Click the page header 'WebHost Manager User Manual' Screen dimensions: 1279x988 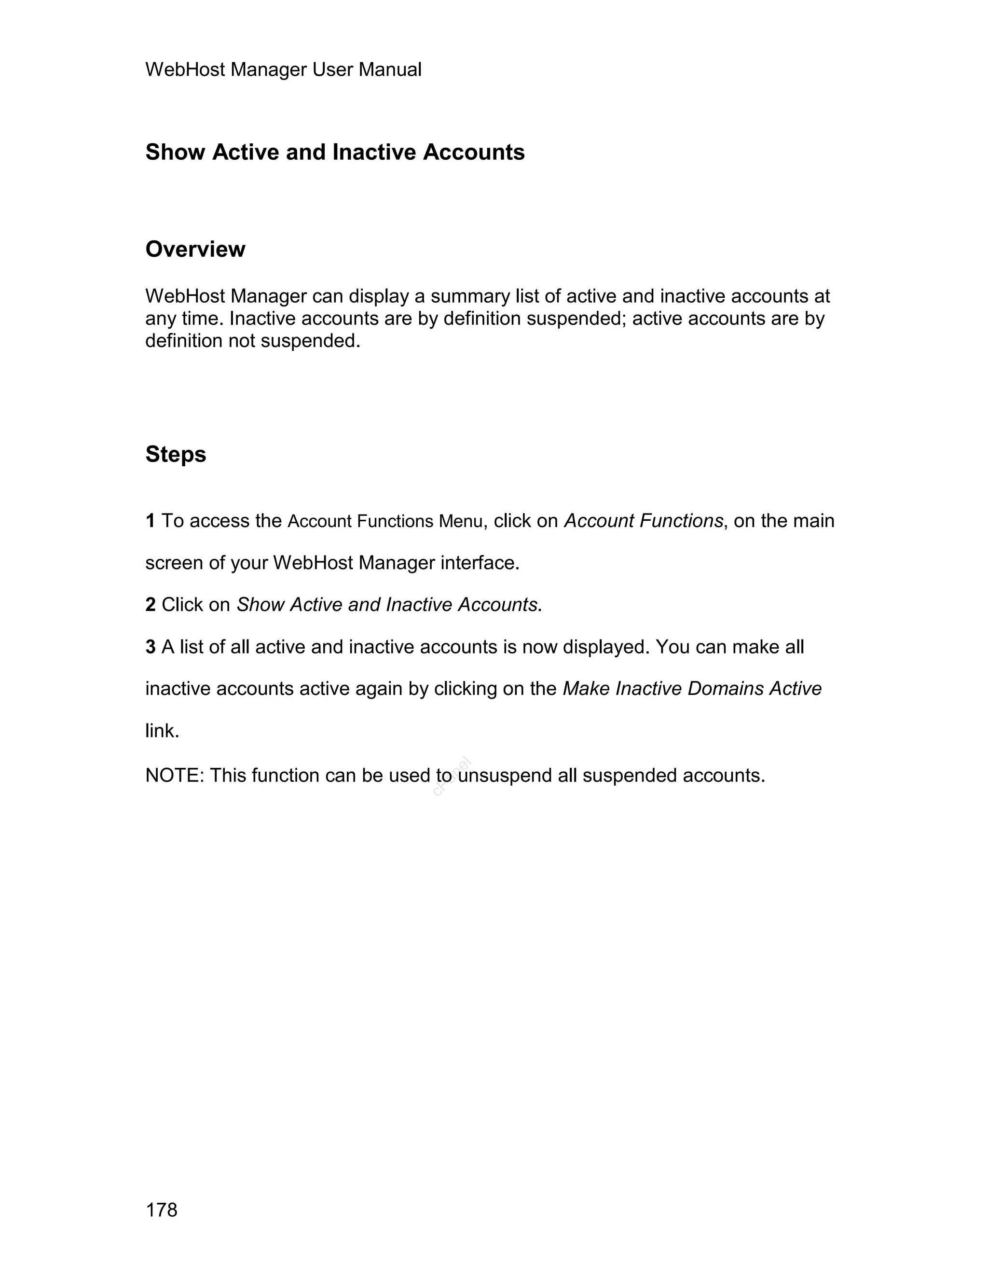[283, 70]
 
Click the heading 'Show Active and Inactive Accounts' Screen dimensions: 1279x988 [335, 152]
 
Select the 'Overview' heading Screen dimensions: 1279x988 [195, 250]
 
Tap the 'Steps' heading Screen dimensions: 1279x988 [176, 455]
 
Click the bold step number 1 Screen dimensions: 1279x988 [151, 521]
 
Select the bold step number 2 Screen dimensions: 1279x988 [151, 604]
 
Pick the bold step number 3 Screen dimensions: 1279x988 [151, 647]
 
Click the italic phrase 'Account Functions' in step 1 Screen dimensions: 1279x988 [643, 521]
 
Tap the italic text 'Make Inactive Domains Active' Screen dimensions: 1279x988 [692, 689]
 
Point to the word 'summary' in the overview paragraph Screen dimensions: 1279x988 [470, 296]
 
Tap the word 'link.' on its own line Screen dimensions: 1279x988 [162, 731]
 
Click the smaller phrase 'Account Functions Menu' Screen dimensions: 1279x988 [385, 521]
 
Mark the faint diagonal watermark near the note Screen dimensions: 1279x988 [452, 777]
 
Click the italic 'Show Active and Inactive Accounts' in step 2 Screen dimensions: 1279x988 [386, 604]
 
